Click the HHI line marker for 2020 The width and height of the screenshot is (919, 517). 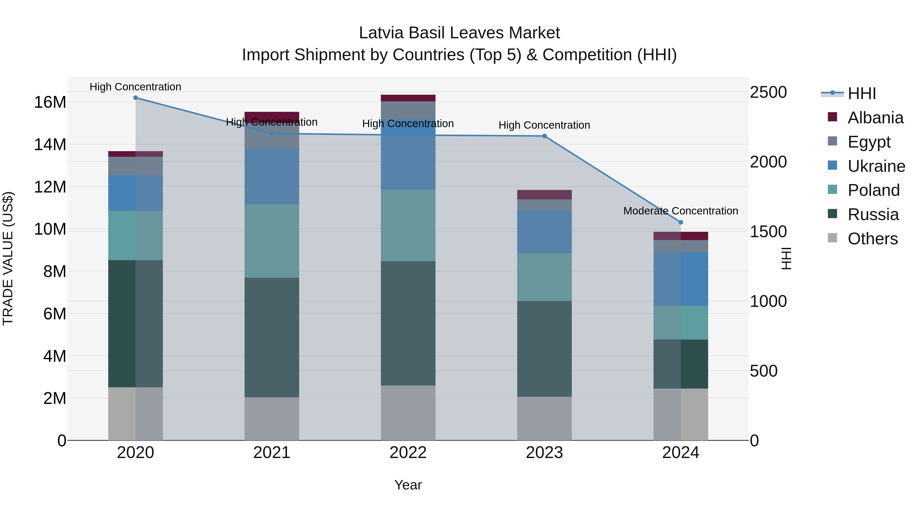136,98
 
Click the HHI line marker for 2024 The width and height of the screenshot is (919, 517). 681,222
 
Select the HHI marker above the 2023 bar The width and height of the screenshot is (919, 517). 545,136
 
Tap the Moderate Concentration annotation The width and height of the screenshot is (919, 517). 681,211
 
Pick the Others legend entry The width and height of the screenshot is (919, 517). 872,239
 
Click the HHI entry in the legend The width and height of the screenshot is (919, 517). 862,93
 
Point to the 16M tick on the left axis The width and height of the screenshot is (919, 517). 50,102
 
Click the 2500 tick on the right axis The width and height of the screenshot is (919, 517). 768,92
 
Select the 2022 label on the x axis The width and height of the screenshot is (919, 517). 408,453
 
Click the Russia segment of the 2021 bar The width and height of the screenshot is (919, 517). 272,337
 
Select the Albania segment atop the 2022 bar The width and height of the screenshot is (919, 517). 408,98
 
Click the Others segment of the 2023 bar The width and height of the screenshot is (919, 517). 545,418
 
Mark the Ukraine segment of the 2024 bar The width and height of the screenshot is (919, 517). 681,279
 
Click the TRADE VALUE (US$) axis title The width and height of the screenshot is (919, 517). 8,258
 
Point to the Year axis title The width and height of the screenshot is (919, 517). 408,485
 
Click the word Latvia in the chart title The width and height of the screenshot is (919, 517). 381,33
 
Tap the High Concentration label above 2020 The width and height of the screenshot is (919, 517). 136,87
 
